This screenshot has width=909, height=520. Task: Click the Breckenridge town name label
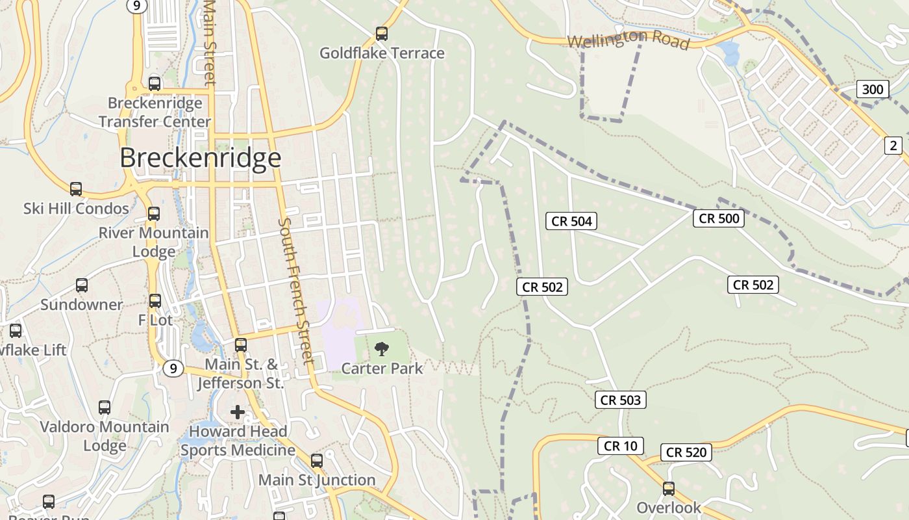[x=200, y=158]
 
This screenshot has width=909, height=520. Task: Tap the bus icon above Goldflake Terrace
[x=382, y=34]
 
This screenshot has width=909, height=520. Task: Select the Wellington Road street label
[x=628, y=39]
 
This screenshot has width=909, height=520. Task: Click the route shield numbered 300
[x=872, y=89]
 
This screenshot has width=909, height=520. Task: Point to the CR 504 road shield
[x=571, y=221]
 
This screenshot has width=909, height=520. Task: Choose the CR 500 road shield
[x=719, y=218]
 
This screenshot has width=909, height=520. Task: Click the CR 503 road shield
[x=621, y=400]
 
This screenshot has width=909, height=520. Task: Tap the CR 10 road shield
[x=621, y=446]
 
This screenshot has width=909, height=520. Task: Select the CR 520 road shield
[x=686, y=452]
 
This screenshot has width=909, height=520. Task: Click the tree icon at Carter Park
[x=382, y=349]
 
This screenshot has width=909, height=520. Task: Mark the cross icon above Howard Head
[x=238, y=411]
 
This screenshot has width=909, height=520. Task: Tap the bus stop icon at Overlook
[x=669, y=489]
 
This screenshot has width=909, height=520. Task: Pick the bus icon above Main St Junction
[x=317, y=461]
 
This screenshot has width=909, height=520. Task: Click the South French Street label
[x=295, y=291]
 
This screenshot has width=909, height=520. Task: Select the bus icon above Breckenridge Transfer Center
[x=155, y=84]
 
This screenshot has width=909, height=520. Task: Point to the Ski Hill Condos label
[x=76, y=209]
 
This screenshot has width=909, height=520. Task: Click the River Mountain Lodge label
[x=154, y=242]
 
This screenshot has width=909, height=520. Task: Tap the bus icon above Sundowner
[x=82, y=285]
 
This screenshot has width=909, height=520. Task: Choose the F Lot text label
[x=156, y=320]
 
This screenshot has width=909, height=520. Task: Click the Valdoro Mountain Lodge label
[x=105, y=436]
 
